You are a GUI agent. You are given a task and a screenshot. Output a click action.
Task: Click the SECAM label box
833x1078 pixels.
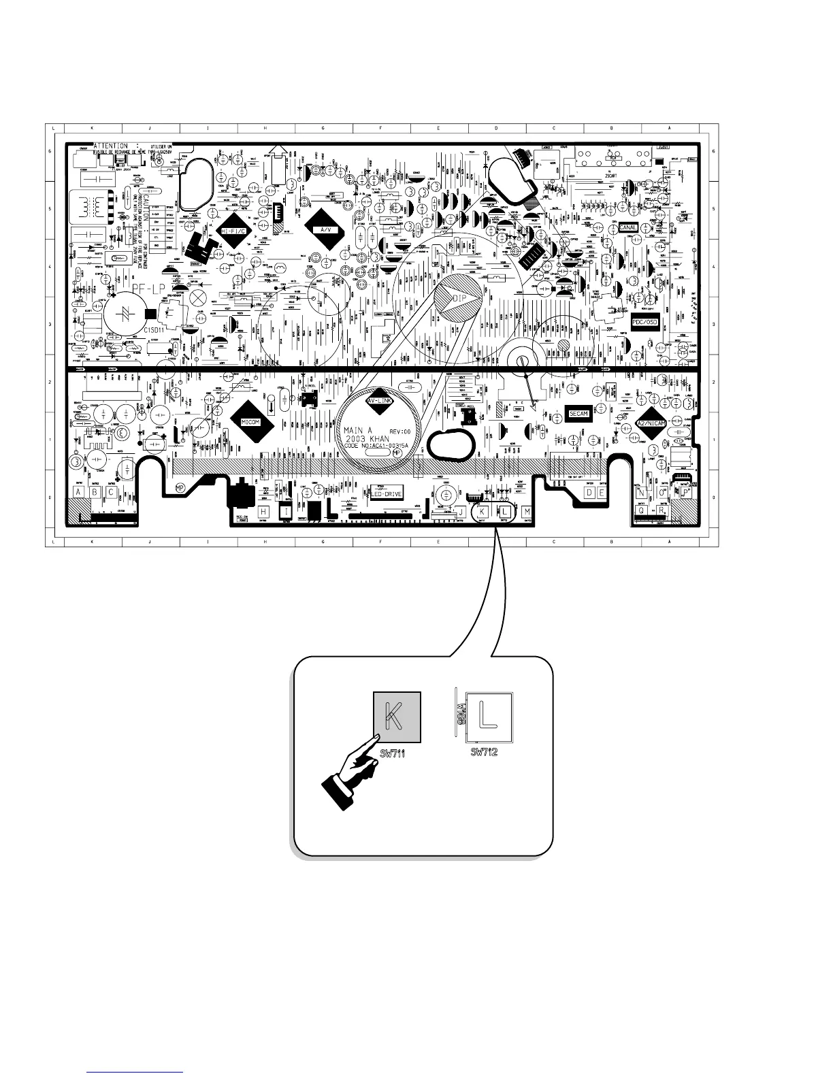pyautogui.click(x=578, y=414)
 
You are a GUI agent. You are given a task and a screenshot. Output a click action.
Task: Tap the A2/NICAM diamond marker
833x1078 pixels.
pyautogui.click(x=651, y=423)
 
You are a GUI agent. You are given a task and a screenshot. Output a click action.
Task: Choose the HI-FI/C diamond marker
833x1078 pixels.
pyautogui.click(x=233, y=231)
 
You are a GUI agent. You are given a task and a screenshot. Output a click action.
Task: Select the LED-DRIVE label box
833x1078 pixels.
pyautogui.click(x=385, y=494)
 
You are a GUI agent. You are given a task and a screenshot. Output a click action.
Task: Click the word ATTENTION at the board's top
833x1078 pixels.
pyautogui.click(x=110, y=146)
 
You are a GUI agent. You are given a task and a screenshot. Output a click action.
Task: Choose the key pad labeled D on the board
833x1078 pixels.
pyautogui.click(x=589, y=492)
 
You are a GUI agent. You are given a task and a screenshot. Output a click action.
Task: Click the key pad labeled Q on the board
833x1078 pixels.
pyautogui.click(x=641, y=510)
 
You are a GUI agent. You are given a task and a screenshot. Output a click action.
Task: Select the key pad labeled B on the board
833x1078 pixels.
pyautogui.click(x=95, y=492)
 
